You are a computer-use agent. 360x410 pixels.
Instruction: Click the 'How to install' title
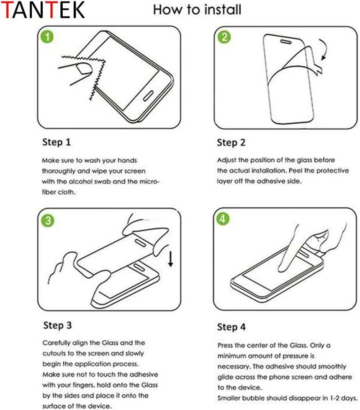[197, 9]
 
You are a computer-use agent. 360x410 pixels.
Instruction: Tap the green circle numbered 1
[47, 37]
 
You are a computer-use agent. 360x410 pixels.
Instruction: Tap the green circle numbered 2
[225, 37]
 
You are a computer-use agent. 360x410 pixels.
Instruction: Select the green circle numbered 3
[47, 220]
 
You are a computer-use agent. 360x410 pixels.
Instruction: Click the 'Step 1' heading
[56, 142]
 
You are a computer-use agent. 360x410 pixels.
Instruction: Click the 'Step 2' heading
[231, 143]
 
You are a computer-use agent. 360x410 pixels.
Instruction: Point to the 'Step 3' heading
[58, 325]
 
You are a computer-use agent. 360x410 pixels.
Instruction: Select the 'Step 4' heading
[231, 327]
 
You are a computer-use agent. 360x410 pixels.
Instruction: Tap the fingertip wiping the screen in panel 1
[83, 70]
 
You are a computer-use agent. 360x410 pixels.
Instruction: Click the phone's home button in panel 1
[149, 96]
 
